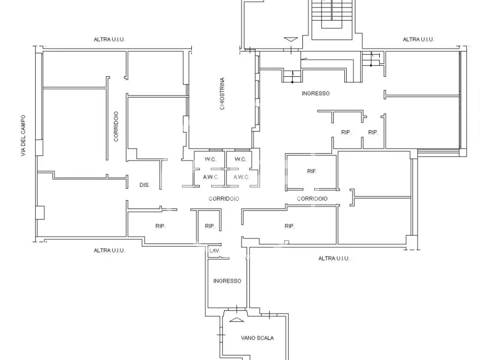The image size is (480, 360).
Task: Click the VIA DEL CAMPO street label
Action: (x=23, y=135)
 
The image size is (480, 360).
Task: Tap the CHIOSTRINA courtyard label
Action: (x=222, y=93)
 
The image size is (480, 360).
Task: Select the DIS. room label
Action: (x=144, y=185)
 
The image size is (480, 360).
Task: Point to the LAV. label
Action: (x=214, y=251)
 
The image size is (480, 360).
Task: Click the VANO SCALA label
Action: (x=257, y=338)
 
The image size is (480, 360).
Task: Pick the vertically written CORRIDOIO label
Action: (x=116, y=126)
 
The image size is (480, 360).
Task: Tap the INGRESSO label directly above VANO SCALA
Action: (x=227, y=281)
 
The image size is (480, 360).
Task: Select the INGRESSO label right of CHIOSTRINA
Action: (x=315, y=93)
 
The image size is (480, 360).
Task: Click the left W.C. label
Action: (x=211, y=159)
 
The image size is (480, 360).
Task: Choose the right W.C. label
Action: (x=240, y=159)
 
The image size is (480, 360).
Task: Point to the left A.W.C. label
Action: (x=211, y=177)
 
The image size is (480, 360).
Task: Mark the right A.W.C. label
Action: (x=241, y=177)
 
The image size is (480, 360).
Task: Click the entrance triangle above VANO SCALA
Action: (x=237, y=320)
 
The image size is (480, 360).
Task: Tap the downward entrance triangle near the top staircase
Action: (x=291, y=39)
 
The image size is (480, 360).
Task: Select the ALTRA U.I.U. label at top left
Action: (x=109, y=39)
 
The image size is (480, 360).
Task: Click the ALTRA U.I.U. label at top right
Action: (x=418, y=39)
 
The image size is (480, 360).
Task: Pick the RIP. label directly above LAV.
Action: (x=210, y=226)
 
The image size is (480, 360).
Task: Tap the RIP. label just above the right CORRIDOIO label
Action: (x=312, y=171)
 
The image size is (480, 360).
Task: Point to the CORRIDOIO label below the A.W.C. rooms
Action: (x=224, y=199)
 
